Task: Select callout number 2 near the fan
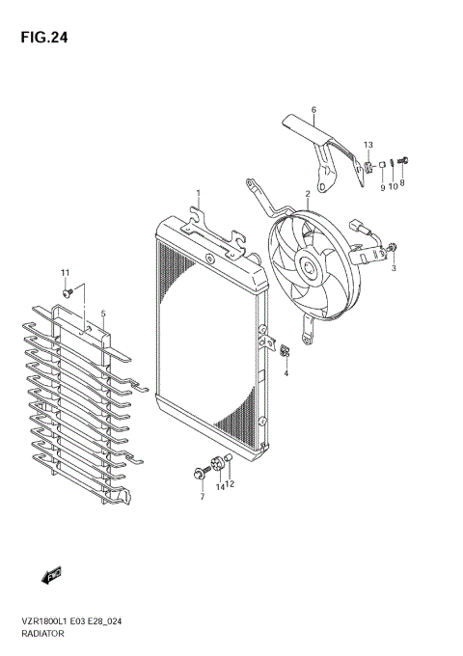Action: click(x=307, y=194)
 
